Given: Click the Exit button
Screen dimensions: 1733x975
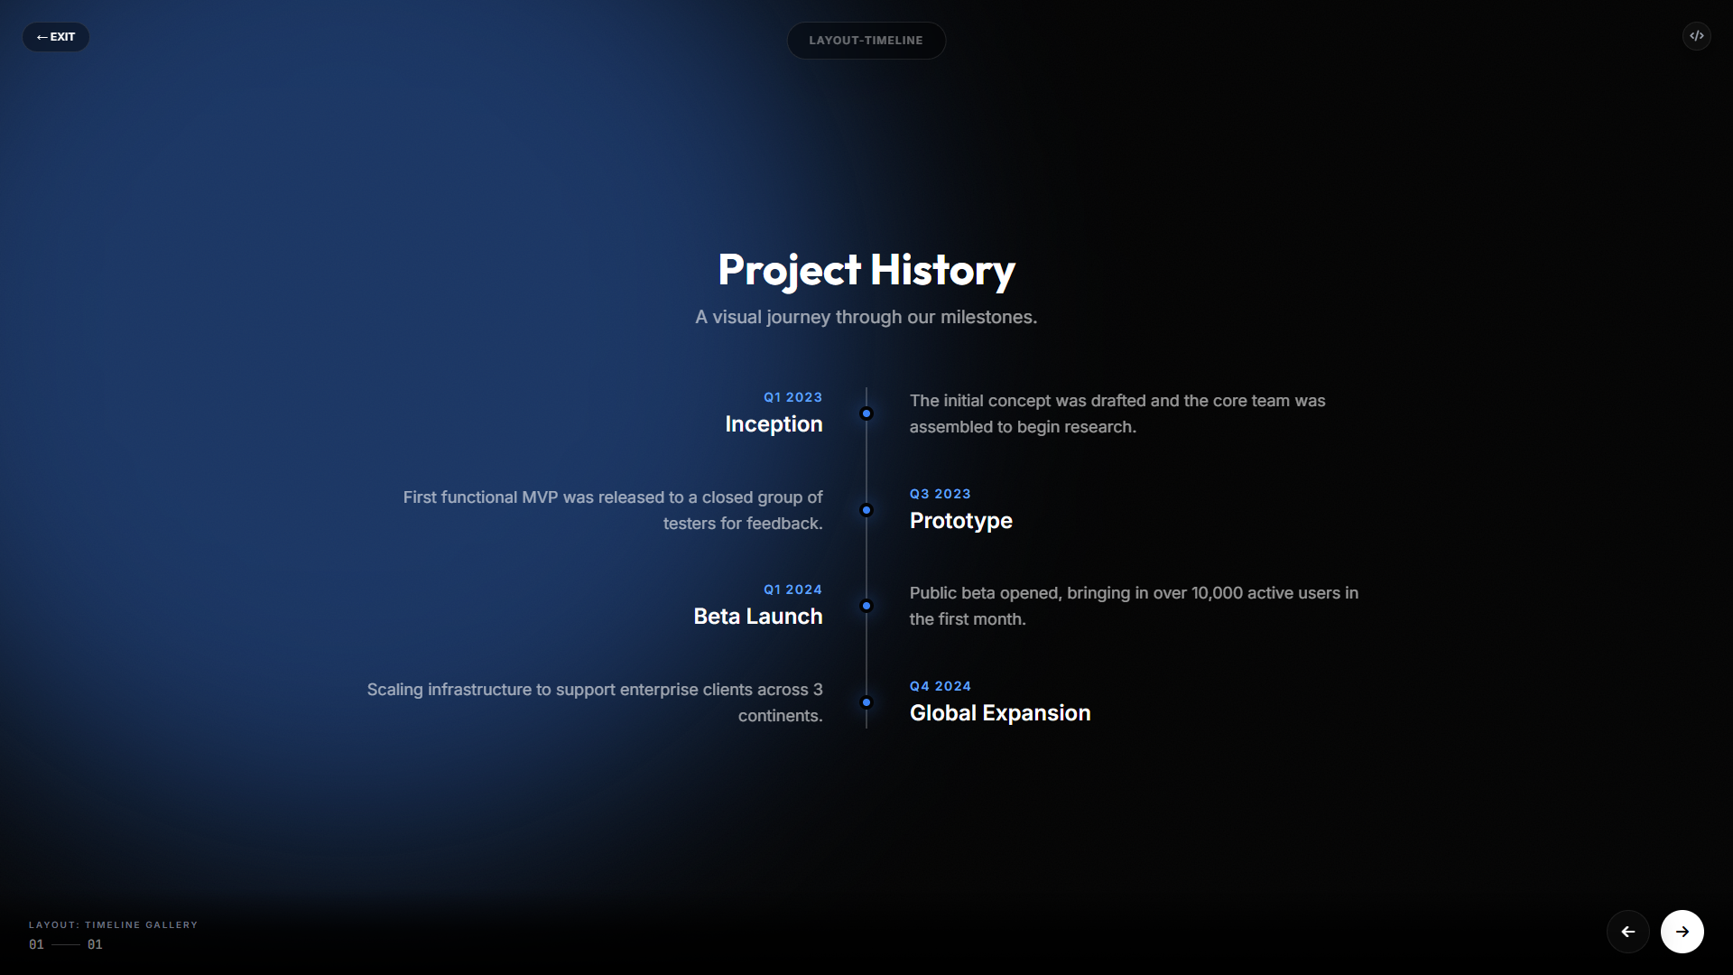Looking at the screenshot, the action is (x=56, y=37).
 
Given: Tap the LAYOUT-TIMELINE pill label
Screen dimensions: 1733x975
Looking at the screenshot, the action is (x=866, y=41).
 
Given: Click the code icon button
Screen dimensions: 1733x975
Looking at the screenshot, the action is (x=1697, y=36).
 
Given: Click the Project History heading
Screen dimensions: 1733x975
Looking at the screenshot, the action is (x=866, y=270).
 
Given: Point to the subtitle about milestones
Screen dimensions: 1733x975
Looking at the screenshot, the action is (x=866, y=317).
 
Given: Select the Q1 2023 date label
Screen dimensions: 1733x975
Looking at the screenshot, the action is (x=792, y=397).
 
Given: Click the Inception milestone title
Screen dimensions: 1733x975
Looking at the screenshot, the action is (x=774, y=424).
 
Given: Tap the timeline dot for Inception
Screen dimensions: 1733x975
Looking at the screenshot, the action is (x=866, y=413).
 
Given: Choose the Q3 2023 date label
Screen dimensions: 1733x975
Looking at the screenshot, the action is (x=940, y=494).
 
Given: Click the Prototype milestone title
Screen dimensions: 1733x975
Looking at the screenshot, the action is (x=960, y=521).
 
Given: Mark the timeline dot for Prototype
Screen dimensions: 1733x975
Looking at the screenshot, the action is (x=866, y=510).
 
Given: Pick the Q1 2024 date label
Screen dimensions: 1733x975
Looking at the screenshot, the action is (x=792, y=590).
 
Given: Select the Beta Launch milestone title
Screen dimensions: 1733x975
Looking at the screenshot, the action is (x=758, y=617).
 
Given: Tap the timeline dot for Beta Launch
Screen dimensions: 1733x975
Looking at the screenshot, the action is (x=866, y=606).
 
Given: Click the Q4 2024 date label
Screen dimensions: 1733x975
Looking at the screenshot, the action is (x=940, y=686).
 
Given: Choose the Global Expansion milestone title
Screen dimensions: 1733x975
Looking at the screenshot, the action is (x=1000, y=713).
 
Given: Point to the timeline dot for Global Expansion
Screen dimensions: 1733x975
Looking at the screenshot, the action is (x=866, y=702).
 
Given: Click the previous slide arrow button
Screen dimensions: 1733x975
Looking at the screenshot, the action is (x=1628, y=932).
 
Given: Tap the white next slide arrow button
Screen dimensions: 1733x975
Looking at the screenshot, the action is (x=1682, y=932).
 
